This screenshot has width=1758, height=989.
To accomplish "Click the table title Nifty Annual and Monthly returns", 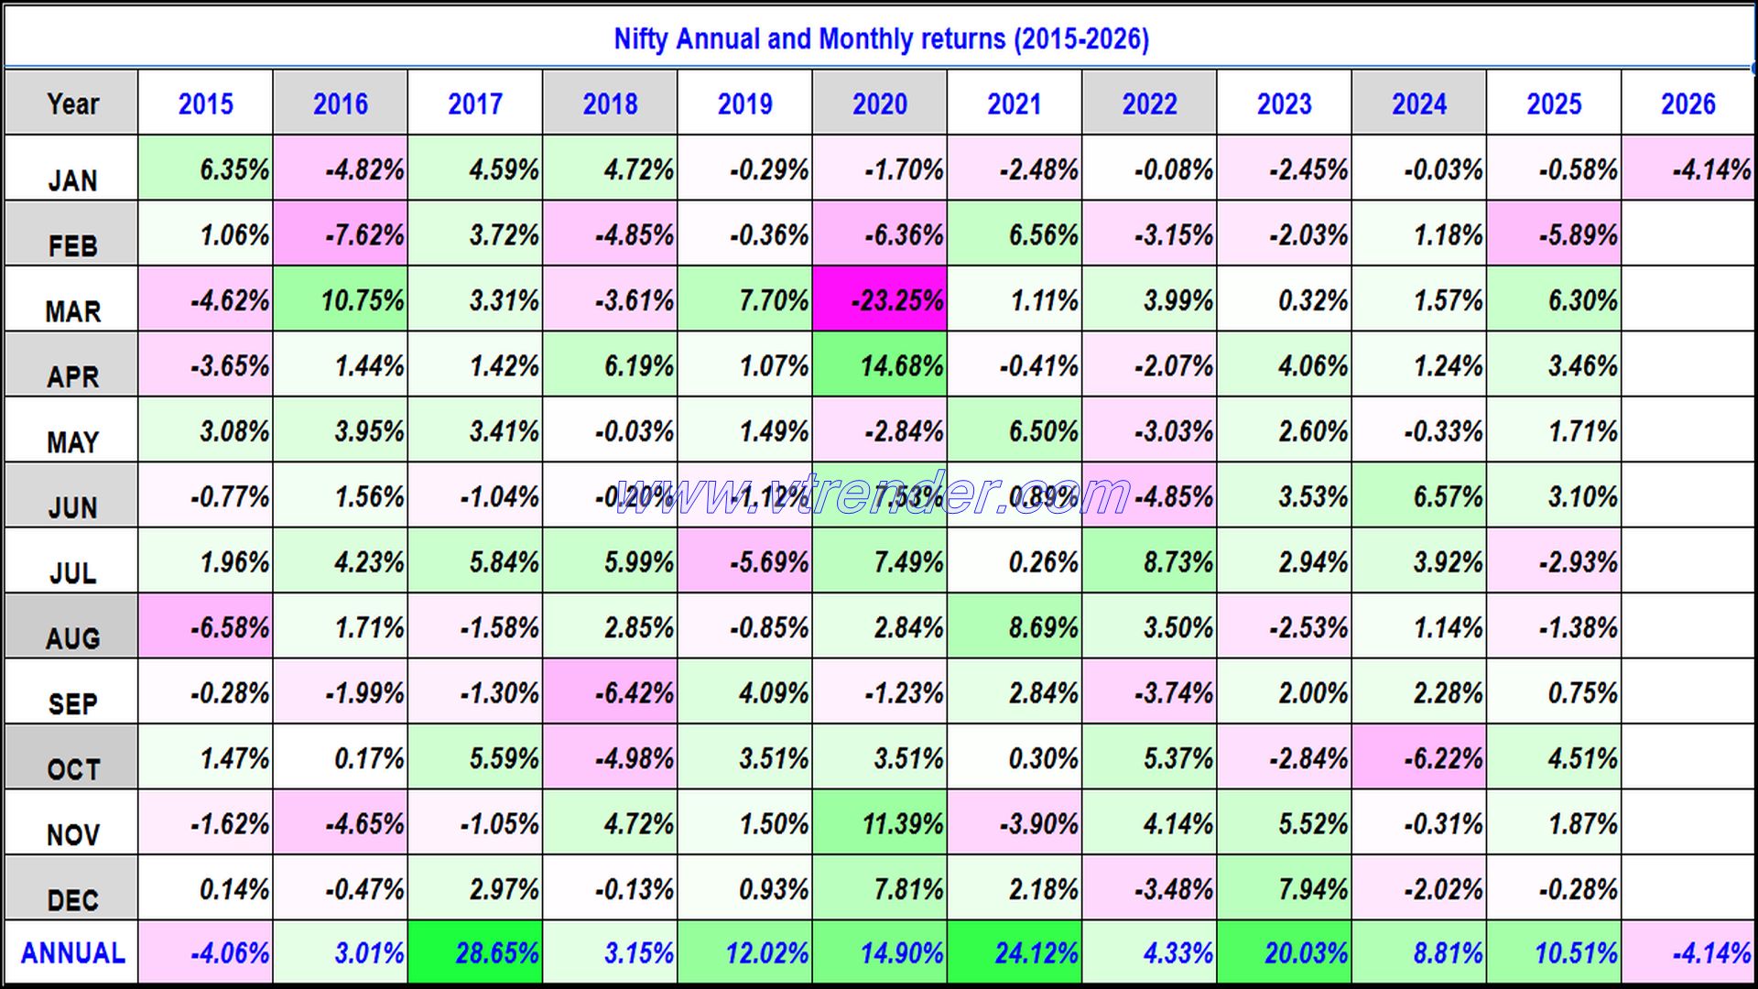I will pos(880,39).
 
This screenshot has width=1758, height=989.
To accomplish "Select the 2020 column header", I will pos(879,103).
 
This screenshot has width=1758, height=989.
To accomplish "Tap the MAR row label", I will pos(72,310).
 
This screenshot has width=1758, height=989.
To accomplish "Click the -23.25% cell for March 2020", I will pos(880,300).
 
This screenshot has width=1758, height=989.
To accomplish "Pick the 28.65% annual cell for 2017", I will pos(475,953).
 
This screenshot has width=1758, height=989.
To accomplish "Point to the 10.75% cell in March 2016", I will pos(341,300).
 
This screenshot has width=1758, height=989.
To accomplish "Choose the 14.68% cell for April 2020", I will pos(880,366).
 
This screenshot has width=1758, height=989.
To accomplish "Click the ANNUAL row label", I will pos(72,953).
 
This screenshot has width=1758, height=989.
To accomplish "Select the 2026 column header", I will pos(1687,103).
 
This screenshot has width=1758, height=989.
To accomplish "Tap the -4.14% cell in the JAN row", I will pos(1687,169).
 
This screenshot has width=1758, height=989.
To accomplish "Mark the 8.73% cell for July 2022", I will pos(1149,562).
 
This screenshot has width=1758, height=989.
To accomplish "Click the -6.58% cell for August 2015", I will pos(206,628).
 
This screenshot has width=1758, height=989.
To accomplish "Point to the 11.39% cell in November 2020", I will pos(880,824).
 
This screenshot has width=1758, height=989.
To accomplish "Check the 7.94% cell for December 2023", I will pos(1284,889).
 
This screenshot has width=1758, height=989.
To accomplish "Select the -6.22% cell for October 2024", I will pos(1419,758).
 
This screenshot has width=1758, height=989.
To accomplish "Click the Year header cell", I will pos(72,103).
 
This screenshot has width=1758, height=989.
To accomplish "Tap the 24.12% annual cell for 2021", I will pos(1015,953).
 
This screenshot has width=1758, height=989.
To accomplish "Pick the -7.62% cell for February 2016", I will pos(341,235).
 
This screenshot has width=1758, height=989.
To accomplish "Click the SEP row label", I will pos(72,702).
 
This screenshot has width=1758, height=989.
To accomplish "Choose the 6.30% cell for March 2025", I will pos(1554,300).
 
